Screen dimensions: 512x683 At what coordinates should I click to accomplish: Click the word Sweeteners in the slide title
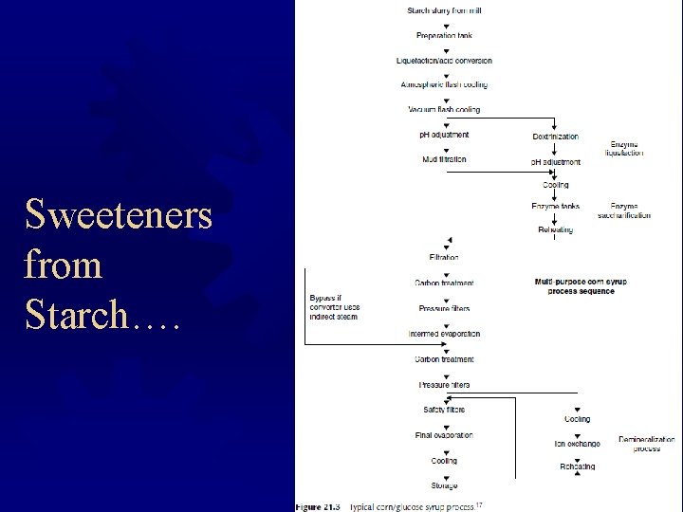coord(120,216)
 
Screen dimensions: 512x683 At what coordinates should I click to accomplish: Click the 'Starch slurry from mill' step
coord(444,11)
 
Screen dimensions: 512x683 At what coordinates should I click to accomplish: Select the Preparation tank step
coord(444,36)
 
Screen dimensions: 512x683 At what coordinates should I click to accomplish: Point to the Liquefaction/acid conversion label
coord(444,61)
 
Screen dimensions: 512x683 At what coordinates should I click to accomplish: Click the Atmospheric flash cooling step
coord(444,85)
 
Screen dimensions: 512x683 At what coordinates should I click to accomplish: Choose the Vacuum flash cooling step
coord(444,110)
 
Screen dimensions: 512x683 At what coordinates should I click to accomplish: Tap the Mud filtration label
coord(444,159)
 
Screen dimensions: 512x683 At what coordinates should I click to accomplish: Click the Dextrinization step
coord(556,137)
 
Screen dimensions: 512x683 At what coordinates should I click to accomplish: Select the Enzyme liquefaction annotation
coord(626,148)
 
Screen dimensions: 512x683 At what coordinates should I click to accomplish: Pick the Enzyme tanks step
coord(556,206)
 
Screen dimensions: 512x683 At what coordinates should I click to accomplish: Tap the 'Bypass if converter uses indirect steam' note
coord(335,307)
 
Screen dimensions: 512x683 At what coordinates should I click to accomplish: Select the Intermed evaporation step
coord(444,334)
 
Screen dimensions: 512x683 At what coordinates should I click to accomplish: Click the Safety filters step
coord(444,410)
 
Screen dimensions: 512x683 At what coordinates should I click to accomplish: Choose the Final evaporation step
coord(444,435)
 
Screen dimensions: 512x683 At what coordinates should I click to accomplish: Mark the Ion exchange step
coord(577,443)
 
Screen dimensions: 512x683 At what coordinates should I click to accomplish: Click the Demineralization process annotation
coord(647,444)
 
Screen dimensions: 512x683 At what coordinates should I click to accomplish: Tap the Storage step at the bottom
coord(444,486)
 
